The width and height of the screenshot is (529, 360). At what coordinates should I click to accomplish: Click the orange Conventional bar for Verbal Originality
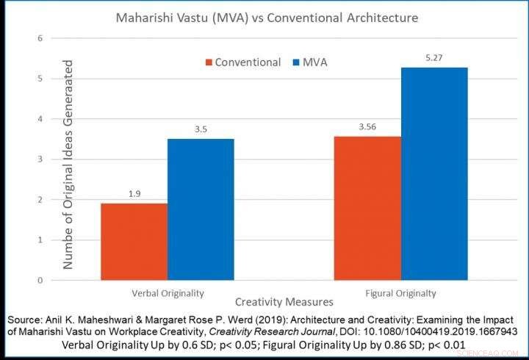pyautogui.click(x=133, y=242)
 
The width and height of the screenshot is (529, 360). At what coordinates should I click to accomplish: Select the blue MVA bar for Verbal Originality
pyautogui.click(x=201, y=209)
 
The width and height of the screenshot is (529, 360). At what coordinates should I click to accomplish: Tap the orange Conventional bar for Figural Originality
pyautogui.click(x=367, y=208)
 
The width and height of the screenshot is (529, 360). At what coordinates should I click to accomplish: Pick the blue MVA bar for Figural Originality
pyautogui.click(x=434, y=173)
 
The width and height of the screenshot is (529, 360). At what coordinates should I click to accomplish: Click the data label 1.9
pyautogui.click(x=133, y=194)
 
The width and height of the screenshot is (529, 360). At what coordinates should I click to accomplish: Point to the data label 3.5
pyautogui.click(x=201, y=129)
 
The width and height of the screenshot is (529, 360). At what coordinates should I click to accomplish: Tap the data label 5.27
pyautogui.click(x=434, y=58)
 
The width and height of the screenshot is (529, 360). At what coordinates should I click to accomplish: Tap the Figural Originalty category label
pyautogui.click(x=401, y=293)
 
